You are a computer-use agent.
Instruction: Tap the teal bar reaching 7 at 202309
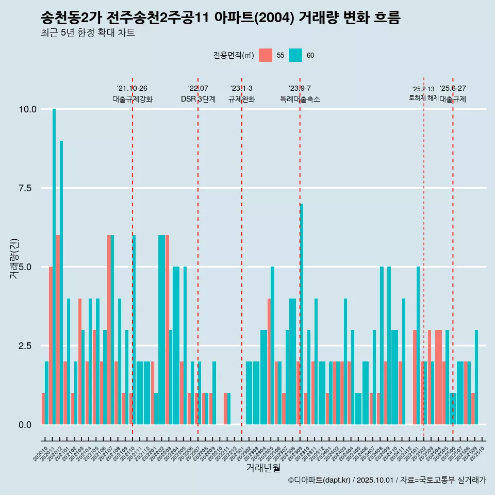point(302,314)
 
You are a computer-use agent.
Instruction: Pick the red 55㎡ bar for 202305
point(269,361)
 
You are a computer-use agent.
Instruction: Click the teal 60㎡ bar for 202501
point(418,345)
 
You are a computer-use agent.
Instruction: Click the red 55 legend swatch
point(265,55)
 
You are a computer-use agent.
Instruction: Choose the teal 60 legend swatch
point(295,55)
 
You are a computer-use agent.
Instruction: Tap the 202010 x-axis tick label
point(41,454)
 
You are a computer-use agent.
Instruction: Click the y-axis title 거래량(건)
point(14,258)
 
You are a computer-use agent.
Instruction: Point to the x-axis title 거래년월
point(263,468)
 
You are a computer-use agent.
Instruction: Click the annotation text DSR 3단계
point(198,99)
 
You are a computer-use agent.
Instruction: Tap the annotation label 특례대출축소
point(300,99)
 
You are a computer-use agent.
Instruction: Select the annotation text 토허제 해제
point(423,97)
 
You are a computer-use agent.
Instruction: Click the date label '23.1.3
point(241,89)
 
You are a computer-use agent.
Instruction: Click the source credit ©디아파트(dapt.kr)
point(320,480)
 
